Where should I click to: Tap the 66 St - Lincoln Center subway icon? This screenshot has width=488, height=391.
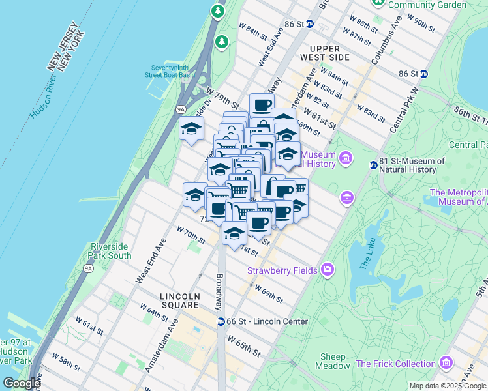coord(222,321)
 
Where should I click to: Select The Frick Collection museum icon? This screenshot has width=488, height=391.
coord(446,362)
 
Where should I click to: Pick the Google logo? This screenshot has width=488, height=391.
coord(22,383)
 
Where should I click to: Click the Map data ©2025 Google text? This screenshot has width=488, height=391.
coord(446,386)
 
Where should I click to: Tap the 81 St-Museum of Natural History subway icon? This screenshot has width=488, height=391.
coord(373,165)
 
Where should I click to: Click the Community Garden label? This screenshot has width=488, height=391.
coord(427,5)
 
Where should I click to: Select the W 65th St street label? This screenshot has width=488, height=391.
coord(243,345)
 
